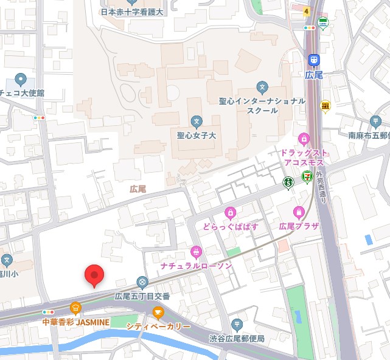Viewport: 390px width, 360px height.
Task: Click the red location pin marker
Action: coord(94,275)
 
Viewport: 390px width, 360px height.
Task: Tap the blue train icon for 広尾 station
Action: coord(313,60)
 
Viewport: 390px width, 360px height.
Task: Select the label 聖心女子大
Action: coord(196,136)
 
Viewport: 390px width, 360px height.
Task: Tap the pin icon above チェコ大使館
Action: coord(20,79)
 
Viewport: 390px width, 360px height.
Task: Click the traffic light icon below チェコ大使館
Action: coord(40,117)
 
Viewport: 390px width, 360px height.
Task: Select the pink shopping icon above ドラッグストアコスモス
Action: coord(304,138)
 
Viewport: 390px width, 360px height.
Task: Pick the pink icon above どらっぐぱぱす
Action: coord(230,212)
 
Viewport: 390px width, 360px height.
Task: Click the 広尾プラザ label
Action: coord(299,226)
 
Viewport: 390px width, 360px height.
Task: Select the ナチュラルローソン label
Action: coord(196,266)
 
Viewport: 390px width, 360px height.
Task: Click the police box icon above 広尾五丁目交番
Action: coord(142,282)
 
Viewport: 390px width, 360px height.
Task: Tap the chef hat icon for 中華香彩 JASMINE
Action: coord(75,308)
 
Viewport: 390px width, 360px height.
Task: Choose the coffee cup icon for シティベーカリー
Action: coord(158,313)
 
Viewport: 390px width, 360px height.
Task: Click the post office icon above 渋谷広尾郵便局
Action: coord(237,325)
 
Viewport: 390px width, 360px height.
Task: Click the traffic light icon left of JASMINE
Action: coord(48,312)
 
